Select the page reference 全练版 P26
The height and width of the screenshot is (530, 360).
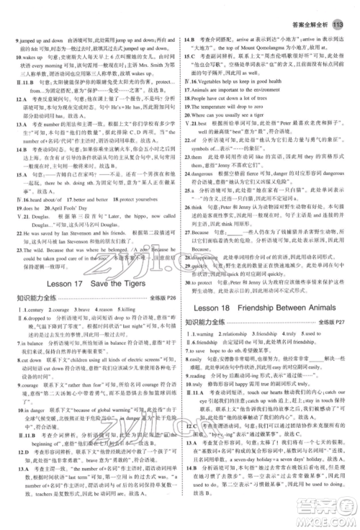click(157, 296)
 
